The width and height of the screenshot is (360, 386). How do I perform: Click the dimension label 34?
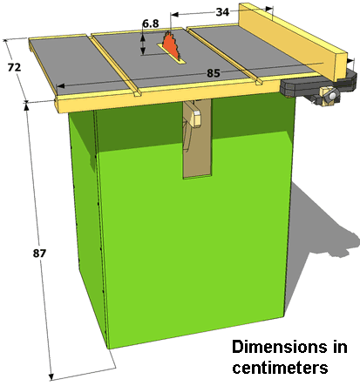pyautogui.click(x=222, y=12)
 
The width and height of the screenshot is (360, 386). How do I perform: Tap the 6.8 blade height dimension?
pyautogui.click(x=151, y=24)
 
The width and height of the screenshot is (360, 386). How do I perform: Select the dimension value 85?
pyautogui.click(x=214, y=73)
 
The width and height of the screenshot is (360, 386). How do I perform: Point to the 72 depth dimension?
pyautogui.click(x=14, y=67)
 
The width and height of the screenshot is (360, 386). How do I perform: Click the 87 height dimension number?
pyautogui.click(x=39, y=254)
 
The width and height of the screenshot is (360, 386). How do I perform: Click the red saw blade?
pyautogui.click(x=172, y=46)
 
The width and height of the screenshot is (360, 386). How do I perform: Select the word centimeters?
pyautogui.click(x=280, y=368)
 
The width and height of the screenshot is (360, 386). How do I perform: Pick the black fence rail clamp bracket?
pyautogui.click(x=318, y=85)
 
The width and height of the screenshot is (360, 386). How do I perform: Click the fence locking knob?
pyautogui.click(x=332, y=95)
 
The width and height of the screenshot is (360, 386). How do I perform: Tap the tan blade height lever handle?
pyautogui.click(x=194, y=115)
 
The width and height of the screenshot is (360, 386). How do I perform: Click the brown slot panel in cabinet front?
pyautogui.click(x=197, y=139)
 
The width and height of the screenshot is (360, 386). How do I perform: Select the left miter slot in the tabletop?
pyautogui.click(x=115, y=65)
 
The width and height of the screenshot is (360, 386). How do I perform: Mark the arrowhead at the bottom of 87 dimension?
pyautogui.click(x=51, y=376)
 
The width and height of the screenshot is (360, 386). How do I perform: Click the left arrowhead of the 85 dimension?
pyautogui.click(x=60, y=86)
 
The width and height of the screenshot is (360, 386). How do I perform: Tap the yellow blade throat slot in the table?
pyautogui.click(x=172, y=53)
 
